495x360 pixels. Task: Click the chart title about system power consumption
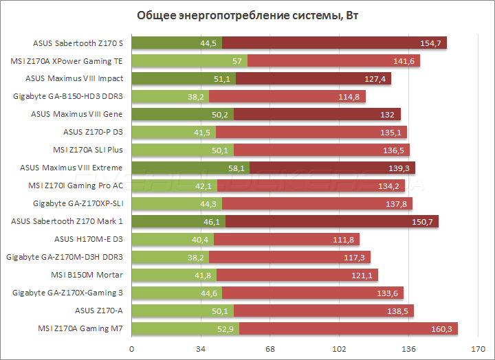tap(247, 16)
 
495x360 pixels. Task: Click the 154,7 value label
tap(431, 43)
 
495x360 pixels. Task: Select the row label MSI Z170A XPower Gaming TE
tap(67, 60)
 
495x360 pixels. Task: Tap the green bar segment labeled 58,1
tap(190, 168)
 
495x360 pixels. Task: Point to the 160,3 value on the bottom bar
tap(441, 328)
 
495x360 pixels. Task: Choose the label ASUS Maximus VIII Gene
tap(77, 114)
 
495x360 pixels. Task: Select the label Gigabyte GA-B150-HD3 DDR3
tap(67, 96)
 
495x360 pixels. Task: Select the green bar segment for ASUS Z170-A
tap(182, 311)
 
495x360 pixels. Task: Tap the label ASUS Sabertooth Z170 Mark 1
tap(67, 221)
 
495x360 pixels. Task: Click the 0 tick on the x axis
tap(132, 349)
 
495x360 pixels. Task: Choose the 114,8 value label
tap(350, 96)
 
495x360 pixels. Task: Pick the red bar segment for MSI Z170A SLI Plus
tap(322, 150)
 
